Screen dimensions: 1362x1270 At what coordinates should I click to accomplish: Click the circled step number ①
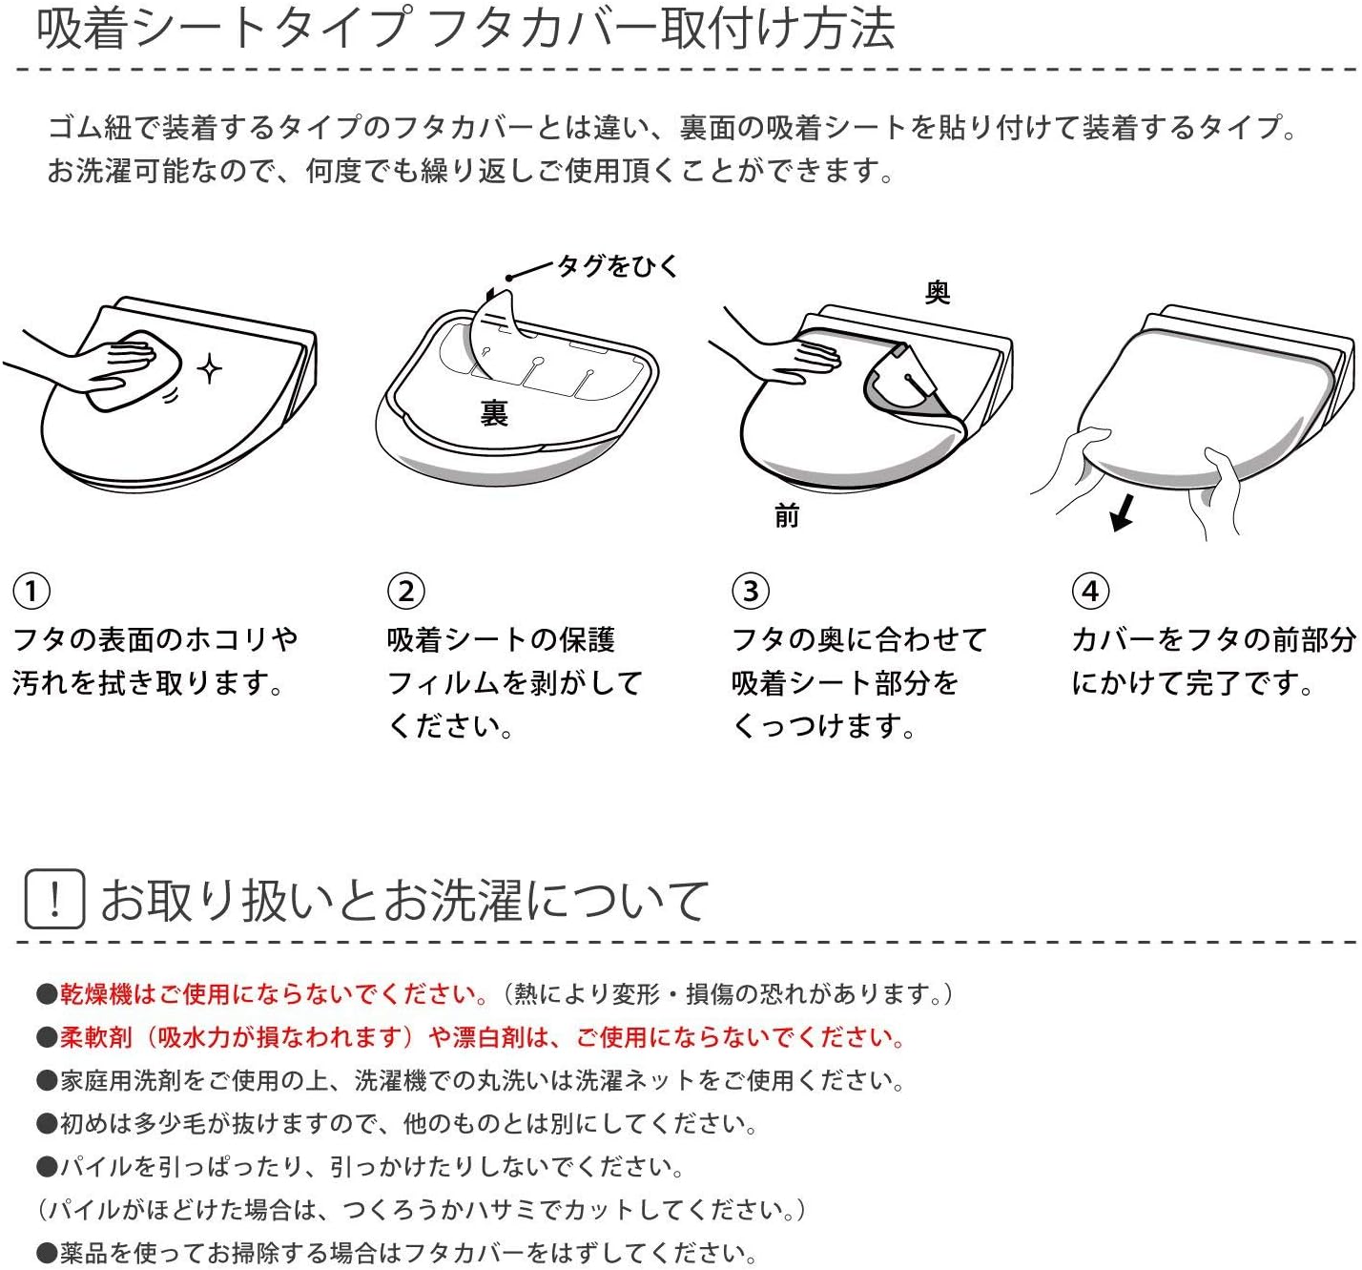pyautogui.click(x=31, y=591)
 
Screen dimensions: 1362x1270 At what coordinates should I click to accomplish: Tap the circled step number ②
pyautogui.click(x=406, y=591)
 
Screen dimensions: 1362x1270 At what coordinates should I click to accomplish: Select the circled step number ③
pyautogui.click(x=751, y=591)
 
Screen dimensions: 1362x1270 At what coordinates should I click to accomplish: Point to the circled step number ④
pyautogui.click(x=1090, y=591)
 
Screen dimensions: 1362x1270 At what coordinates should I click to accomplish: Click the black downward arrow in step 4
pyautogui.click(x=1124, y=511)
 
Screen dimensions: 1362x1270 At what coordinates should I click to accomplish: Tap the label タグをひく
pyautogui.click(x=618, y=266)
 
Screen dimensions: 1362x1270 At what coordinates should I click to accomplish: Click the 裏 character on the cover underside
pyautogui.click(x=494, y=412)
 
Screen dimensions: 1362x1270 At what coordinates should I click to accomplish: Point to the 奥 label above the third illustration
pyautogui.click(x=938, y=292)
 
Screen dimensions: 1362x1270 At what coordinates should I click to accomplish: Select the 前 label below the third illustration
pyautogui.click(x=787, y=516)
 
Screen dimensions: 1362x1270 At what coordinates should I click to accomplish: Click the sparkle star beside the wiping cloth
pyautogui.click(x=210, y=368)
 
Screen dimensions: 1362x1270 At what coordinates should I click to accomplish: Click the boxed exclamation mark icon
pyautogui.click(x=54, y=899)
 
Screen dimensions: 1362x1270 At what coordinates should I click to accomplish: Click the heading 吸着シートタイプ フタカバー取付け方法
pyautogui.click(x=465, y=29)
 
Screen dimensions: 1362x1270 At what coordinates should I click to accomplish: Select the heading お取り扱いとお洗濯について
pyautogui.click(x=404, y=900)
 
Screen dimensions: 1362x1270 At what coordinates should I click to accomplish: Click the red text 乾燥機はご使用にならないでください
pyautogui.click(x=273, y=994)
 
